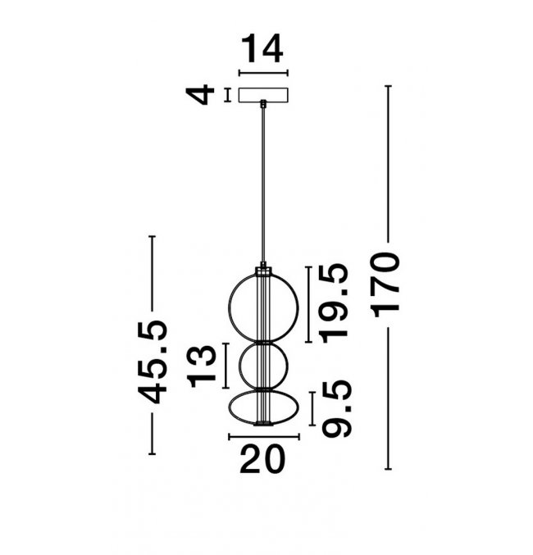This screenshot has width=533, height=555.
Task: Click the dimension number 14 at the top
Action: coord(262,48)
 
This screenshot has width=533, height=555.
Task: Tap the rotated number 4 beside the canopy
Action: coord(200,94)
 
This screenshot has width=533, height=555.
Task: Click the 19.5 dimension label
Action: coord(334,303)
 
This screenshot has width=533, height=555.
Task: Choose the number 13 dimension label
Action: coord(202,366)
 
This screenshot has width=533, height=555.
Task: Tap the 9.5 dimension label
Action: coord(337,408)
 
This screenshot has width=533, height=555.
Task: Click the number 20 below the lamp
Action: coord(262,459)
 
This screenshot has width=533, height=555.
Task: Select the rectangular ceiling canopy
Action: coord(263,95)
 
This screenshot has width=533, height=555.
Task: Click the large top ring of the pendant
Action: coord(229,308)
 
